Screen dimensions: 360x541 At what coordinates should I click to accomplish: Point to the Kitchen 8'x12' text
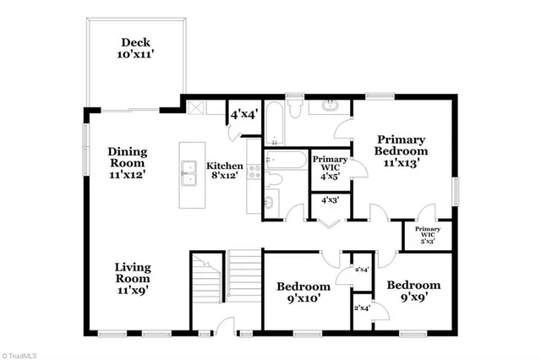226,172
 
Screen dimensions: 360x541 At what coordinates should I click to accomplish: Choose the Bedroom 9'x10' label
303,292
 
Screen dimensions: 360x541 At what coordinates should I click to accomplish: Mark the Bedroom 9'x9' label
413,292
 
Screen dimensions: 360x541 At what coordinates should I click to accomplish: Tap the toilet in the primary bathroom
293,106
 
